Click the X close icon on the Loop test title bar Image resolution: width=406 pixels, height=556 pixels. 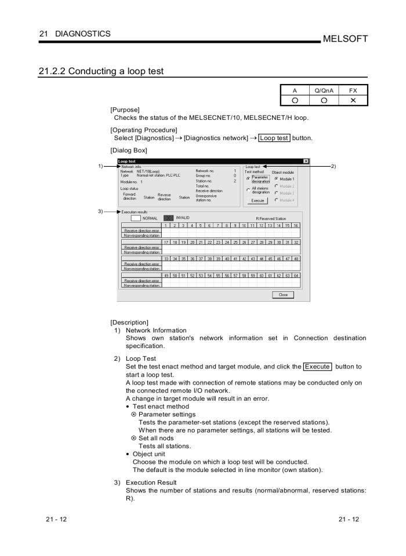click(306, 161)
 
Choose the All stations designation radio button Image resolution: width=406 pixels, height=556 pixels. click(248, 189)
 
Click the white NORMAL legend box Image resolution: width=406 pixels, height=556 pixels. click(136, 218)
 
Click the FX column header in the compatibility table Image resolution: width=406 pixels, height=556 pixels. click(353, 90)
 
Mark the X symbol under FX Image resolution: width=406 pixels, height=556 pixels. click(353, 100)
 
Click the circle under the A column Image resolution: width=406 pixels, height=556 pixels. click(295, 100)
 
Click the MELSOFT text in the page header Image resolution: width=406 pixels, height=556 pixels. click(346, 39)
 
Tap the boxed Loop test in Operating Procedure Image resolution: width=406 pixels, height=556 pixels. click(274, 138)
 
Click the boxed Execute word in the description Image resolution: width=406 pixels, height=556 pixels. click(317, 367)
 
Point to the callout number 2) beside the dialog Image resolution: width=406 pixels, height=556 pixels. click(333, 166)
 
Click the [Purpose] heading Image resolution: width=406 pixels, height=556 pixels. click(125, 109)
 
